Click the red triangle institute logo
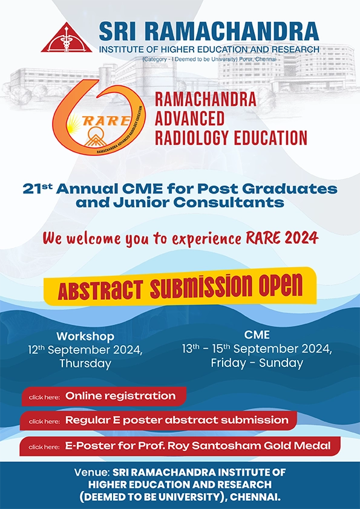(x=67, y=38)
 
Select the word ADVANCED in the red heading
(x=189, y=118)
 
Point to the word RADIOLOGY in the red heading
(x=192, y=138)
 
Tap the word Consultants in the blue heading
(x=229, y=203)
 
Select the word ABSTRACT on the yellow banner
(x=100, y=290)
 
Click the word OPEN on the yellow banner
(x=280, y=285)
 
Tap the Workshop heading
(x=85, y=336)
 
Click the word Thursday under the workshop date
(x=85, y=363)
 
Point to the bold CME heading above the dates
(x=257, y=335)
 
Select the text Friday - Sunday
(x=257, y=363)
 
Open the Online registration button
(x=104, y=397)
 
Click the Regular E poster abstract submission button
(x=159, y=421)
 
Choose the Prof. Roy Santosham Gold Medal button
(x=180, y=446)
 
